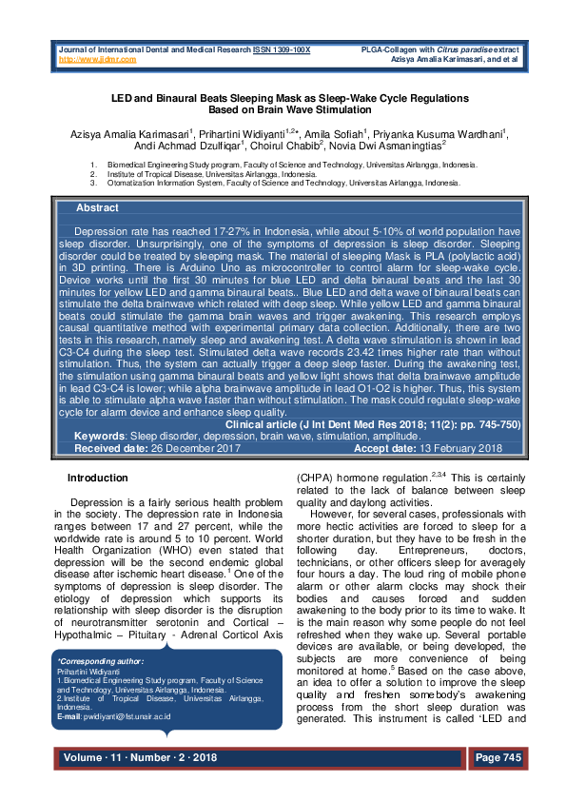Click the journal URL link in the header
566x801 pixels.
coord(97,59)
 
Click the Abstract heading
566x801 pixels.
coord(97,208)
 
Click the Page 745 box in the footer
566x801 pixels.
coord(497,757)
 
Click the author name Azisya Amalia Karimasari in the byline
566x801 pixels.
coord(123,134)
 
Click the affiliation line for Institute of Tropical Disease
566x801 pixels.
coord(212,173)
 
